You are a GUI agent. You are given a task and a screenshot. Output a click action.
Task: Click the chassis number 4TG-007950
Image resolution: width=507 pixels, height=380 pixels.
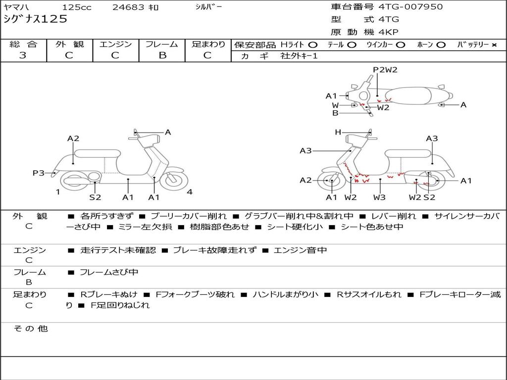(x=410, y=7)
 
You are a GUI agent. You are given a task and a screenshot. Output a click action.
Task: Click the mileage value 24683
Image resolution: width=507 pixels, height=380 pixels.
(x=128, y=7)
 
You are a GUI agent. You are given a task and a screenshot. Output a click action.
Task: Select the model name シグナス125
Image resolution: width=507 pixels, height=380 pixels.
(x=35, y=19)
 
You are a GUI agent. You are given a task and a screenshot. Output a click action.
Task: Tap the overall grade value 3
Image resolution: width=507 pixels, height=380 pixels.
(x=23, y=55)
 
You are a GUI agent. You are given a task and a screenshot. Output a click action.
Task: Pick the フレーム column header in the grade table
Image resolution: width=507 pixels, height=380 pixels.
(x=162, y=45)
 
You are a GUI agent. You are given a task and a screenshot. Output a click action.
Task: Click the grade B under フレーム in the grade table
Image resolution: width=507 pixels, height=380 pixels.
(x=162, y=55)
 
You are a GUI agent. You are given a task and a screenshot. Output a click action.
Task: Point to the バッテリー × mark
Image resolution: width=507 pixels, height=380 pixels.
(x=494, y=45)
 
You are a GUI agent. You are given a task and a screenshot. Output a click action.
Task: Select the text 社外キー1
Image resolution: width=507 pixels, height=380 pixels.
(x=299, y=56)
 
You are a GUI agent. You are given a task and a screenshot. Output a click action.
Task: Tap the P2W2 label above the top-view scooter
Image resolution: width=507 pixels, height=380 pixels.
(x=385, y=70)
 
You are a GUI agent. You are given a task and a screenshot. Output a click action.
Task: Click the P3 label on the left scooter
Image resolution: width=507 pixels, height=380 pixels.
(x=39, y=173)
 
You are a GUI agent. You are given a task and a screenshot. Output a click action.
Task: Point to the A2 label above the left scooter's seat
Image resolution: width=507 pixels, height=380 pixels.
(x=73, y=139)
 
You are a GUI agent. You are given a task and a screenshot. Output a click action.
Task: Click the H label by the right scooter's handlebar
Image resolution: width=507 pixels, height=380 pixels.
(x=338, y=132)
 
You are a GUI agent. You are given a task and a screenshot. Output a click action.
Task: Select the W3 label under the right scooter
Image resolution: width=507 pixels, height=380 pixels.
(x=379, y=197)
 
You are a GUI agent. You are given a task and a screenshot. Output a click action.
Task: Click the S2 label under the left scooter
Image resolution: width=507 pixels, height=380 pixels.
(x=95, y=197)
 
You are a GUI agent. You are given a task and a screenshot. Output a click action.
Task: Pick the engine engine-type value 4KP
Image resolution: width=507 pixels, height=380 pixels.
(x=389, y=32)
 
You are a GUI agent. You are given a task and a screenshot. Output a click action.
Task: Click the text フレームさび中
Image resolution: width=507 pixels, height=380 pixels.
(x=109, y=272)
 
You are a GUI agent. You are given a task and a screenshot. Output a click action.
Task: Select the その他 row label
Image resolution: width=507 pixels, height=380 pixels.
(x=30, y=329)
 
